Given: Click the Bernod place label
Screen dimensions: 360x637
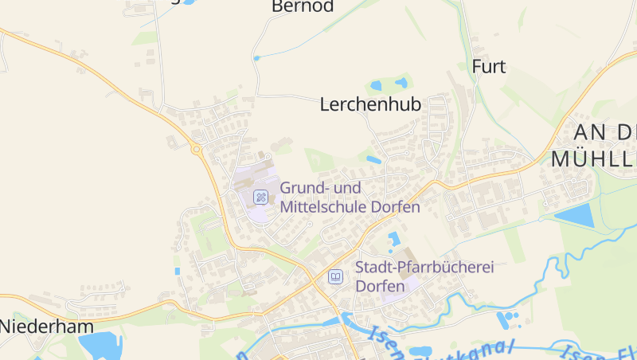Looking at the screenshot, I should coord(302,7).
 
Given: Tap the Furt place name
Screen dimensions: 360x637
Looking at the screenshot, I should coord(488,66).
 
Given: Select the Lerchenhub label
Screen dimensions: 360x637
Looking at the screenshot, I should coord(370,104).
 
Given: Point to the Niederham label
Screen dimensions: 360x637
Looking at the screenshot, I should coord(46,326).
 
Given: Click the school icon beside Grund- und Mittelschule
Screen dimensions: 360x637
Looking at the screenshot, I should coord(260,197).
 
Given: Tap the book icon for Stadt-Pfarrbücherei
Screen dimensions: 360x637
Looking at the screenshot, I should coord(336,276).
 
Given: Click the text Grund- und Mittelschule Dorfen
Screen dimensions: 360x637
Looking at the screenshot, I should coord(350,197).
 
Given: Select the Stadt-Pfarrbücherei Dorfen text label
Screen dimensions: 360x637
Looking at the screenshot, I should coord(424,276).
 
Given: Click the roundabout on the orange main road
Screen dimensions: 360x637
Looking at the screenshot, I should coord(196,149).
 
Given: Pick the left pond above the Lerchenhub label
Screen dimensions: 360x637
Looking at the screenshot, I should coord(376,85).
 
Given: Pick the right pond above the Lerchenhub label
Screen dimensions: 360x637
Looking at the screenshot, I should coord(401,82).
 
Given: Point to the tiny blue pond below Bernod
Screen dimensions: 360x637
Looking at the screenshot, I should coord(256,58).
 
